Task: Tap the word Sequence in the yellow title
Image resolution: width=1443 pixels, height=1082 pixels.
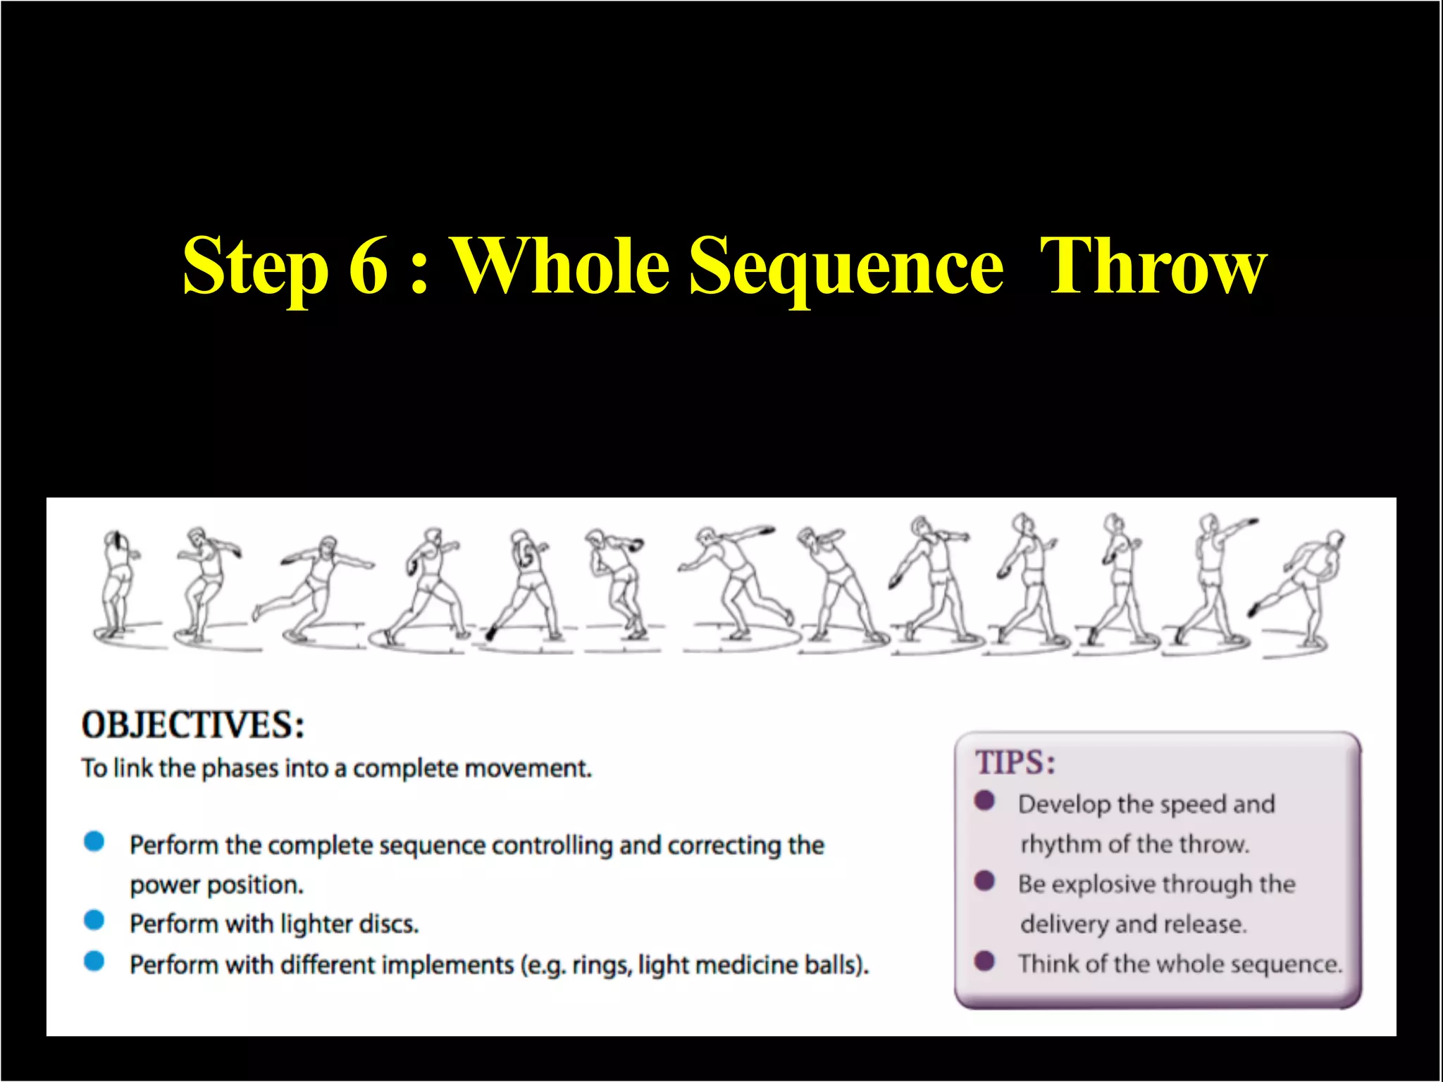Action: tap(846, 266)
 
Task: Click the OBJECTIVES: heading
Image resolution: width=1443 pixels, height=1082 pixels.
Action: tap(193, 725)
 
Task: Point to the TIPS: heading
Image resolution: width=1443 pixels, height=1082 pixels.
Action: tap(1015, 763)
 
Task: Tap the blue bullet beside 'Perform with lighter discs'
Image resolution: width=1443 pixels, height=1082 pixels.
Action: tap(94, 920)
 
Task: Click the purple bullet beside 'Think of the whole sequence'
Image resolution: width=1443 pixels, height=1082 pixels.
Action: tap(984, 961)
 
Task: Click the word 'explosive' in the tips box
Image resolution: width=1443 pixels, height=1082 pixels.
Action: tap(1105, 885)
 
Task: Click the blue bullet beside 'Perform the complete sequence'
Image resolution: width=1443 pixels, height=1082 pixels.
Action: tap(94, 841)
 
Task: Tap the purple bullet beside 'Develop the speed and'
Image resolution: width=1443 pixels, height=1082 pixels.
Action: tap(984, 801)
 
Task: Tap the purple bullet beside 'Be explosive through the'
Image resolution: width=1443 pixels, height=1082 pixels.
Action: tap(984, 881)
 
